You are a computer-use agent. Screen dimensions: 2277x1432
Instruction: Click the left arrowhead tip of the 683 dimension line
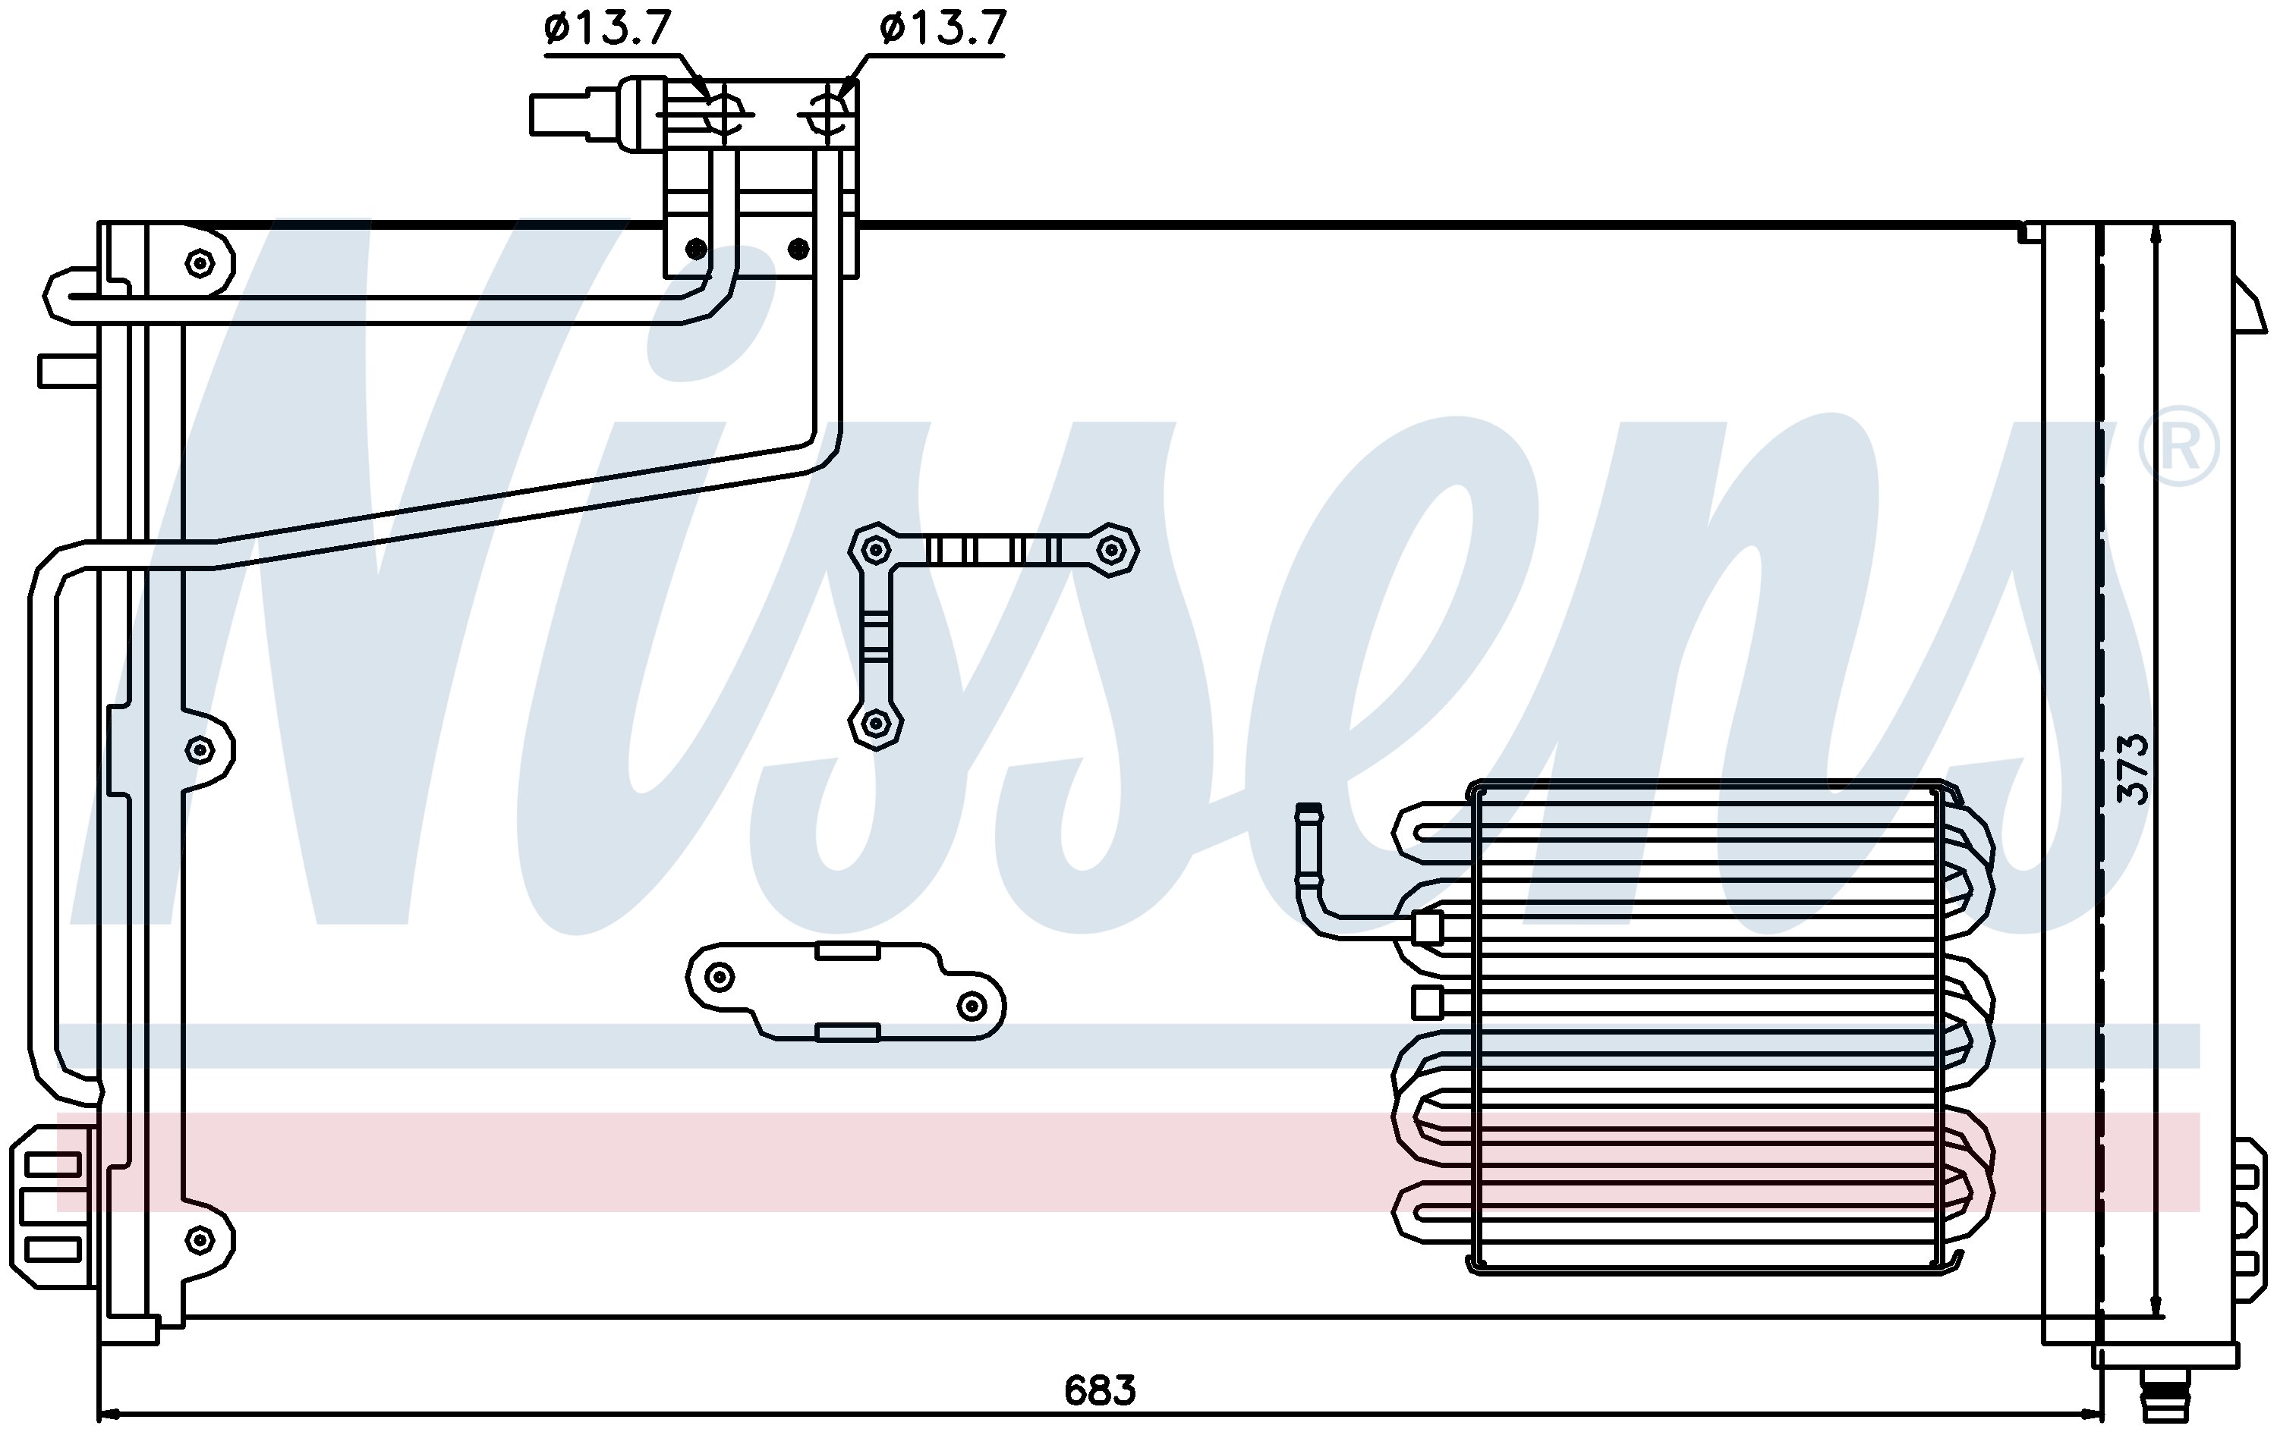pos(99,1415)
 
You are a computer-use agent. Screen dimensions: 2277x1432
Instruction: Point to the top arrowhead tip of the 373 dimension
pos(2156,225)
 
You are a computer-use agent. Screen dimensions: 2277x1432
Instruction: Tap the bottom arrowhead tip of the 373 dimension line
pos(2156,1317)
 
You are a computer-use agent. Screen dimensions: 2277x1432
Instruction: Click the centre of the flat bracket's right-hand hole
pos(972,1006)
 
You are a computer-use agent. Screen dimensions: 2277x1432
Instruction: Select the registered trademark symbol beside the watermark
pos(2178,451)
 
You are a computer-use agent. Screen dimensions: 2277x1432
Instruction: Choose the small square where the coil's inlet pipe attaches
pos(1428,929)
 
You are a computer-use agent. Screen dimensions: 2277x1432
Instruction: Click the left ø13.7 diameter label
pos(607,30)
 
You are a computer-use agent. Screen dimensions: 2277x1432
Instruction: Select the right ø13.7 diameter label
pos(943,30)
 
